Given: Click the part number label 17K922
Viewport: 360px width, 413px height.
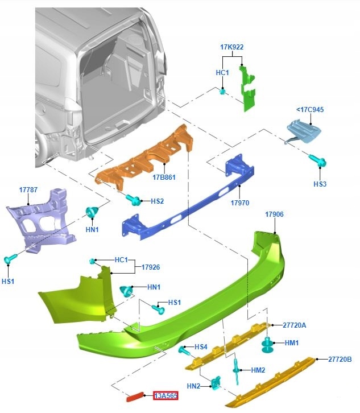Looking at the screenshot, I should [232, 47].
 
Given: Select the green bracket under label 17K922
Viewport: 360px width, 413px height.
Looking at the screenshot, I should [248, 89].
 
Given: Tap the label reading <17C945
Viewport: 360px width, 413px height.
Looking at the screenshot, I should [310, 109].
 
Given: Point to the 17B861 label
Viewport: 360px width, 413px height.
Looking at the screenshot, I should [164, 177].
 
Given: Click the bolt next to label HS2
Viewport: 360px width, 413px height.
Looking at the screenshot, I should [133, 200].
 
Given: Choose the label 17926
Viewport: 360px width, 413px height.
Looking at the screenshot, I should [151, 266].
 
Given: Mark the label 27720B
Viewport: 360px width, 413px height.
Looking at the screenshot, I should [340, 359].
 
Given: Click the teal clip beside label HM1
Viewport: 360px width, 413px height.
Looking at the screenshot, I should [266, 344].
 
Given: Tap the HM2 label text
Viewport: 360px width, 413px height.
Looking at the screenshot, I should [258, 370].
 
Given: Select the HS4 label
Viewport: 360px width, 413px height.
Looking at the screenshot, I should [201, 346].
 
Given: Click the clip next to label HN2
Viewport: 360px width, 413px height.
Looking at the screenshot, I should [216, 385].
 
